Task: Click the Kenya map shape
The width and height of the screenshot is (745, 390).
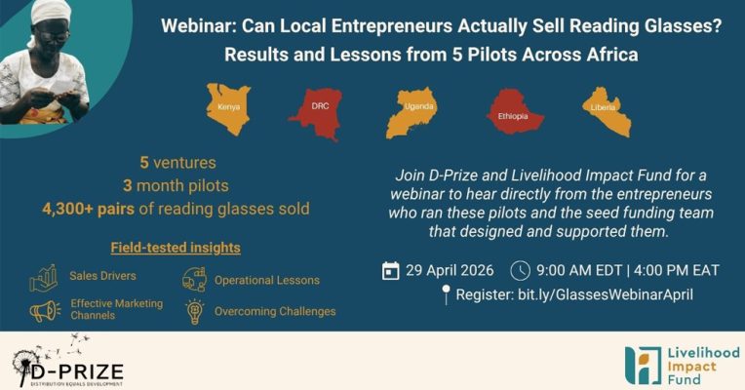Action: (227, 109)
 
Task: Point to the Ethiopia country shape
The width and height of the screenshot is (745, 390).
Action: (513, 111)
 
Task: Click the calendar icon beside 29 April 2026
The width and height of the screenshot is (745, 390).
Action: (391, 271)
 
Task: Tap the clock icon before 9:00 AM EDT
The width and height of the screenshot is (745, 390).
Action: (520, 271)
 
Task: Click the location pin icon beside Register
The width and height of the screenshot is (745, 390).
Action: (446, 294)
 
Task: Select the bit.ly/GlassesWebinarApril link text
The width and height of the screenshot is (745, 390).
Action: (606, 294)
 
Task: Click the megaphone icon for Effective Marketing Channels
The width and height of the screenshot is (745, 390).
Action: (45, 312)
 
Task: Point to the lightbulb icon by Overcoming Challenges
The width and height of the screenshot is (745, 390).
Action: (195, 312)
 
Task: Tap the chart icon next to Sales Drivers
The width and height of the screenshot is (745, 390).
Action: (43, 279)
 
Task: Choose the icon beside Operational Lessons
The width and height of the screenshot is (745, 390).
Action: (194, 279)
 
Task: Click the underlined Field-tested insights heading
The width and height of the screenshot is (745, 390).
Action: (176, 248)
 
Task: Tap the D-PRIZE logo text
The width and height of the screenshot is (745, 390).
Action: (75, 370)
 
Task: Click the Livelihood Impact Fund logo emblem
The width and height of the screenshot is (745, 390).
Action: (643, 366)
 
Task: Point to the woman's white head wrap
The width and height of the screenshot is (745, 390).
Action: (49, 13)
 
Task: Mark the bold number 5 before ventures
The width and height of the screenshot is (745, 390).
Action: (144, 163)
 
